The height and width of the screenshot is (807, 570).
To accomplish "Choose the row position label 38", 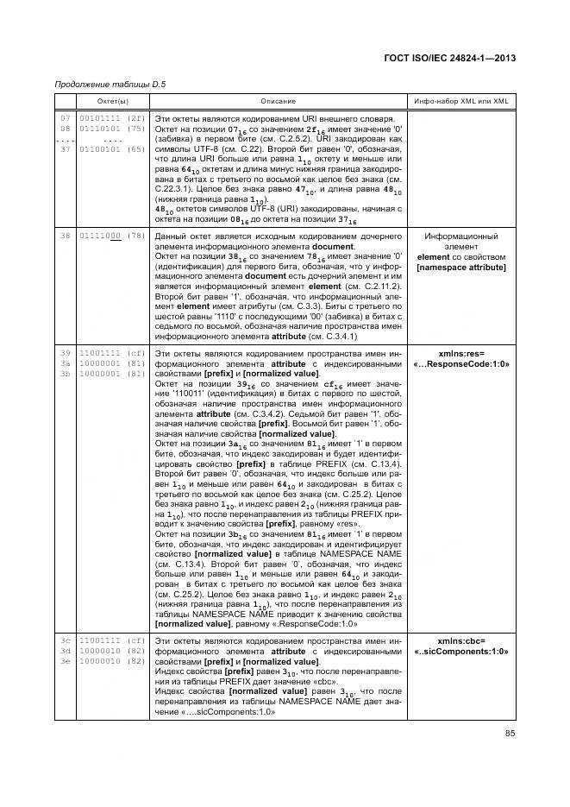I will (x=65, y=236).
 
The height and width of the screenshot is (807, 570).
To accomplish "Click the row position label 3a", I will (x=65, y=363).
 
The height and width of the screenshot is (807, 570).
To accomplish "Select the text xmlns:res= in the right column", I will (x=461, y=353).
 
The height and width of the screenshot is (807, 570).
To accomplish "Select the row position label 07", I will (x=65, y=117).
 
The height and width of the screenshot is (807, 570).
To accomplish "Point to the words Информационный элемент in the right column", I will (x=461, y=241).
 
